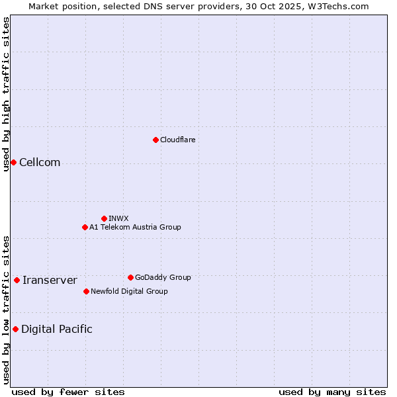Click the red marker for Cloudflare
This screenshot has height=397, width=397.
(155, 140)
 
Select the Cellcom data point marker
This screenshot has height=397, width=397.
(13, 162)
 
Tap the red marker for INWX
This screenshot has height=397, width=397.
(104, 218)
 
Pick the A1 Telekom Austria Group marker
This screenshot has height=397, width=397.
(85, 227)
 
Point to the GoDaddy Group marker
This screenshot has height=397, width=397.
(130, 277)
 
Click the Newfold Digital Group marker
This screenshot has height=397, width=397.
(86, 291)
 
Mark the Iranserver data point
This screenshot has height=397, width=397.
(17, 280)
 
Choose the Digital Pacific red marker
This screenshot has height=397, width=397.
(15, 329)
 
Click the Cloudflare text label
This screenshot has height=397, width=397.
(177, 140)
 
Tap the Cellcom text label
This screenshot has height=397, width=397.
(40, 163)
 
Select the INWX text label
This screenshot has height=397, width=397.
(118, 218)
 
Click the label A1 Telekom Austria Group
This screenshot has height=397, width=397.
(135, 227)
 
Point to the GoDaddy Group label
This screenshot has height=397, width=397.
(163, 277)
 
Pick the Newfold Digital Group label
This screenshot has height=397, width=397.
(129, 291)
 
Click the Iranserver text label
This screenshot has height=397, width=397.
(50, 281)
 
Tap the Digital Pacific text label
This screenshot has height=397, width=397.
(57, 330)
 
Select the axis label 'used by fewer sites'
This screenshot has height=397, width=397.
(68, 392)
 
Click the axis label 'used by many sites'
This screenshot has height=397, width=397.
(332, 392)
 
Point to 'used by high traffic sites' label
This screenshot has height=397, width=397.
(6, 94)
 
